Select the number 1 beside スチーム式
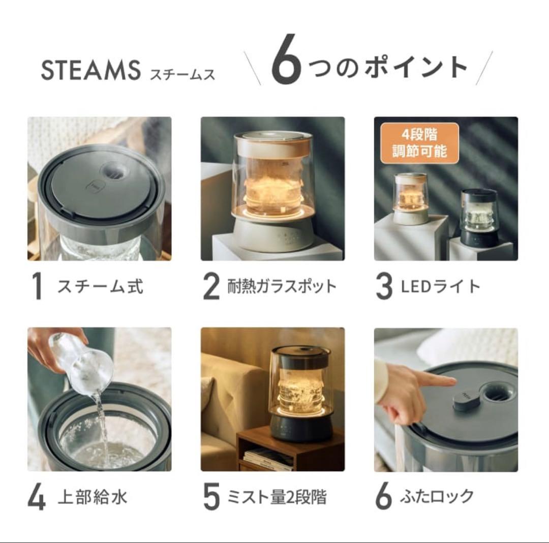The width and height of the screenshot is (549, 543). pos(37,287)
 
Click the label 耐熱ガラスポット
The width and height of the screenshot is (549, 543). pos(282,287)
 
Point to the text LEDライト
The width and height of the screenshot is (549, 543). pos(440,287)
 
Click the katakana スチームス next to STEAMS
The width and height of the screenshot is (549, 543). pos(182,74)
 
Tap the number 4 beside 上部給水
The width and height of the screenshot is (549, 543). pos(37,497)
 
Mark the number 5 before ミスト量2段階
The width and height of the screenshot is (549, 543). pos(211,497)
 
